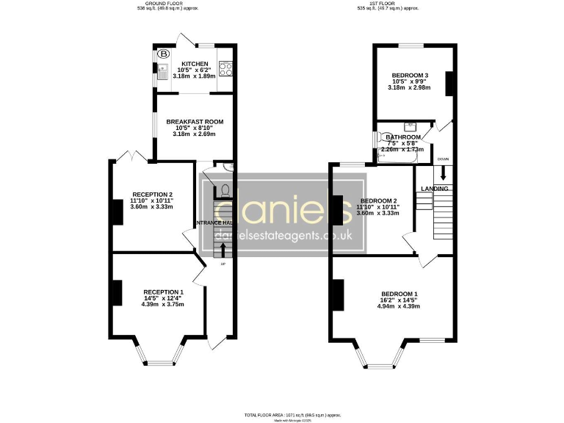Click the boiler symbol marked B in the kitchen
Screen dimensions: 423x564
coord(164,54)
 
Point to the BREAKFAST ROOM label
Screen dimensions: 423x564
coord(195,122)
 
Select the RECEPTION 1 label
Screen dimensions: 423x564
coord(163,292)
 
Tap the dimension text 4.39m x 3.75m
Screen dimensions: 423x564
coord(163,304)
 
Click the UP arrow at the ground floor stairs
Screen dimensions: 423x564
coord(223,250)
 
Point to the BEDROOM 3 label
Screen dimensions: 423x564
coord(409,76)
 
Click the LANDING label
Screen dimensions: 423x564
coord(435,189)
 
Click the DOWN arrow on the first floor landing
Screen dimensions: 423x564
coord(443,173)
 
